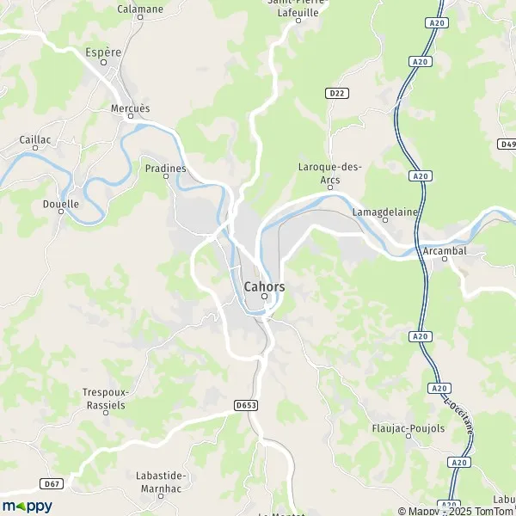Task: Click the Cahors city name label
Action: (x=264, y=286)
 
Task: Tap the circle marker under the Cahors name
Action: (x=265, y=298)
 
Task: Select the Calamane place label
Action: (x=139, y=9)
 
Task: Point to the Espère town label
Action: (x=103, y=52)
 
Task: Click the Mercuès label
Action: (x=130, y=108)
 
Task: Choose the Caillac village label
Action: (x=35, y=138)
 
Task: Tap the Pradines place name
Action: (x=165, y=169)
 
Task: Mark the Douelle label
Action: (x=60, y=204)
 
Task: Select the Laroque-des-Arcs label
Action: (x=330, y=173)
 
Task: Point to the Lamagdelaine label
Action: (x=384, y=210)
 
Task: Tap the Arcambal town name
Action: (x=445, y=250)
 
